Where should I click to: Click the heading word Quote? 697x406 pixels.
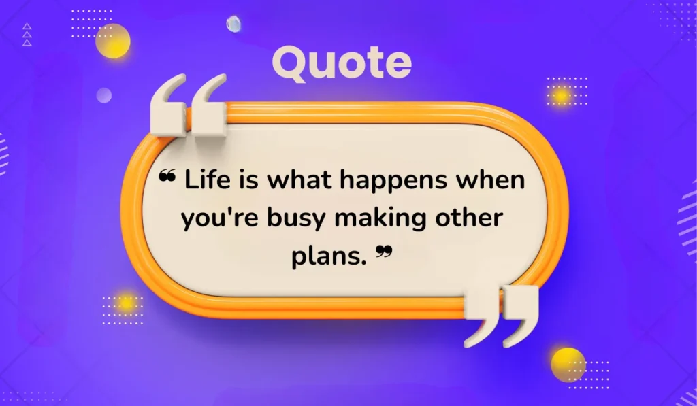342,63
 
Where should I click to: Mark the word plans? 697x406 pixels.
329,258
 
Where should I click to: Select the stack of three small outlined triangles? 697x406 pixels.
27,35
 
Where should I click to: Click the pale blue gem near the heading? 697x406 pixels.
233,24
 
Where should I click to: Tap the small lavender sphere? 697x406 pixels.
103,95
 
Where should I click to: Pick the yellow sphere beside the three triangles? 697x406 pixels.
112,41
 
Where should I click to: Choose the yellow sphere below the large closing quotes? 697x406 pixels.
568,364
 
